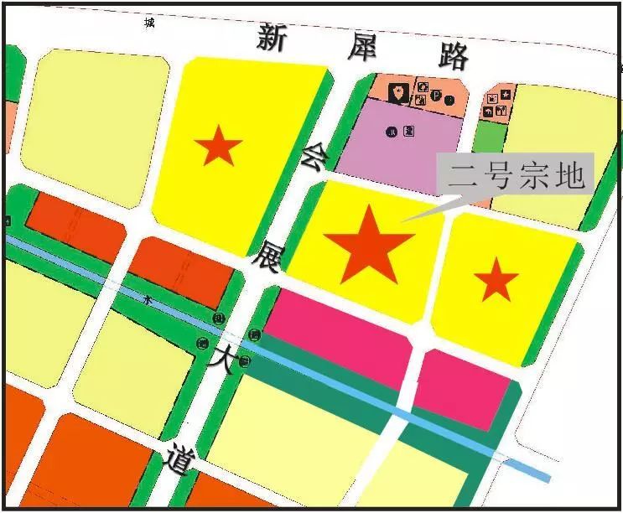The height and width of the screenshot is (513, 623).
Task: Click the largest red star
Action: click(369, 244)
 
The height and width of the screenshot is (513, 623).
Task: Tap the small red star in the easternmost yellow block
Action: click(496, 280)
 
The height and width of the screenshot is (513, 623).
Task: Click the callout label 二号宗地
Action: click(515, 176)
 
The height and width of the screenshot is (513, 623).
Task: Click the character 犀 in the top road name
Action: click(367, 48)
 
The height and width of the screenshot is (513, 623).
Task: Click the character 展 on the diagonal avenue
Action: click(276, 256)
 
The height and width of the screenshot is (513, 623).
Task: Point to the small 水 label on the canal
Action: click(148, 298)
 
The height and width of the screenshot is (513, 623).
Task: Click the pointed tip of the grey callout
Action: click(402, 221)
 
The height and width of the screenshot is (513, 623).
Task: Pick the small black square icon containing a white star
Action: click(506, 95)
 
